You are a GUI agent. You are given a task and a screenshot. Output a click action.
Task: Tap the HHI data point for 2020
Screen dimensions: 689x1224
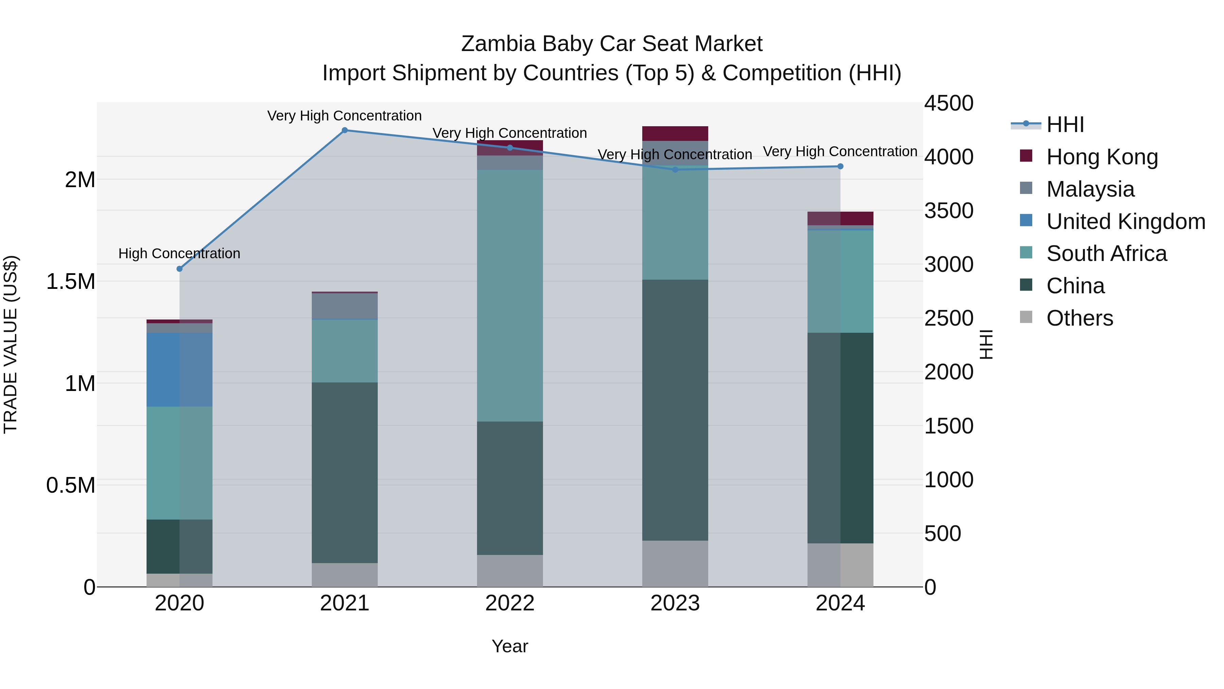180,269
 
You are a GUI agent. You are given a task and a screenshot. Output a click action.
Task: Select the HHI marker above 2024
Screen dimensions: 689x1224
840,166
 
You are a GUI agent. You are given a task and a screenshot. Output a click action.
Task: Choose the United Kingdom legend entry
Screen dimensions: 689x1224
1125,222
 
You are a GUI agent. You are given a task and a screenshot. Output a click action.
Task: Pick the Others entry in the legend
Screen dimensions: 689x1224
1079,318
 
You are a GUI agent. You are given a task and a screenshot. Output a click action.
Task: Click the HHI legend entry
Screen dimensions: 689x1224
1065,125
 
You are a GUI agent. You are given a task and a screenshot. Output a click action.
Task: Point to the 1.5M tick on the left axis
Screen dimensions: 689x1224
70,281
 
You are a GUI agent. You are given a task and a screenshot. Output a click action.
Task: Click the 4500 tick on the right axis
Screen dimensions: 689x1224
948,104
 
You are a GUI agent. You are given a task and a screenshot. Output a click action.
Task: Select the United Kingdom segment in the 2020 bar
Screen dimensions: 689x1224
180,370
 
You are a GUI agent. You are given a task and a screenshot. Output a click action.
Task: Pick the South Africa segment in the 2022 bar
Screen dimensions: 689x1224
510,295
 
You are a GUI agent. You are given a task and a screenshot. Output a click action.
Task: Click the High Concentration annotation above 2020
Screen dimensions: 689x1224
179,253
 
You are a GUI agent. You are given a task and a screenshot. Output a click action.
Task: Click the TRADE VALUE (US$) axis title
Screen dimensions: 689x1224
11,344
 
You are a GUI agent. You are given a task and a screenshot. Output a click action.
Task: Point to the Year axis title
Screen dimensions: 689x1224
510,646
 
